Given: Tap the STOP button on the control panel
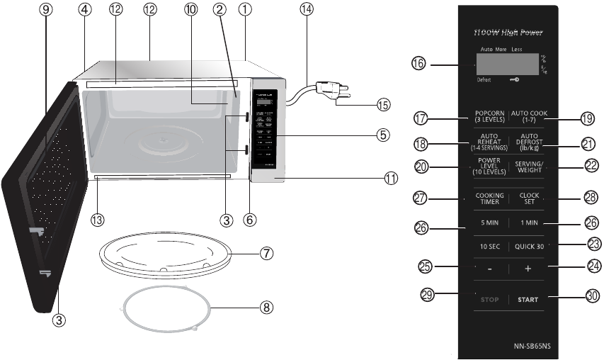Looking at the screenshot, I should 489,300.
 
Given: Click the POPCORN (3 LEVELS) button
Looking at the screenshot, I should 489,117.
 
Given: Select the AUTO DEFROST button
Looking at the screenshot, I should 527,142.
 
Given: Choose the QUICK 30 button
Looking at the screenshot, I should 528,247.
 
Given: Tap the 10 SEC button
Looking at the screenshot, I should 489,247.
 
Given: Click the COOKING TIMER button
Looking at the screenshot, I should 489,199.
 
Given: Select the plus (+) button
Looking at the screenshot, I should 528,270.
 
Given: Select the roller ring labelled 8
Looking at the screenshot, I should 169,309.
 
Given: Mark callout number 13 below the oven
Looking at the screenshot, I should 98,220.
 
